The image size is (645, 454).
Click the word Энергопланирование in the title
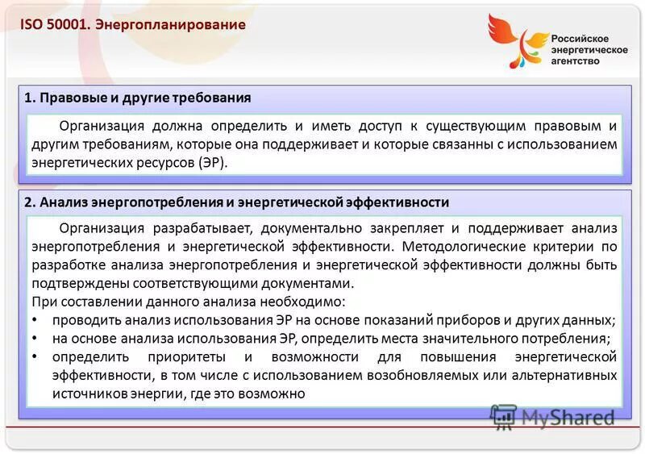point(170,25)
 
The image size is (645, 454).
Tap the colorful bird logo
point(517,40)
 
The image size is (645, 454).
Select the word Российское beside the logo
point(580,38)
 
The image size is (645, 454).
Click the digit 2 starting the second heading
point(27,202)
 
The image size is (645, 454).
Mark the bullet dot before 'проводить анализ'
point(35,319)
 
